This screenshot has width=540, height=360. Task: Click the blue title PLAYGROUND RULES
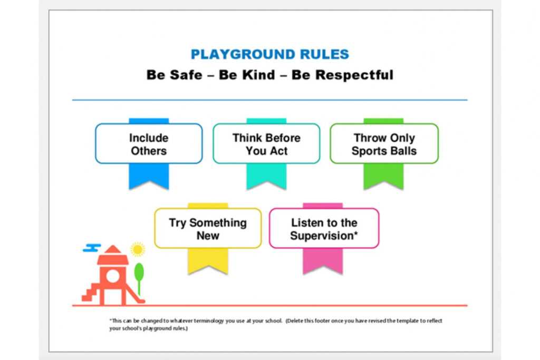pos(269,54)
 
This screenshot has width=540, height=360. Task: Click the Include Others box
pos(149,144)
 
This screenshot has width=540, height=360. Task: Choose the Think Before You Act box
pos(266,144)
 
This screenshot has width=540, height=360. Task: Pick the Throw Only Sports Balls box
pos(384,144)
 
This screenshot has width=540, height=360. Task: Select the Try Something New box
pos(208,229)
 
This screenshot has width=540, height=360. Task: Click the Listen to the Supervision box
pos(324,229)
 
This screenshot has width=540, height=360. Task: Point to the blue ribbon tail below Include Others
pos(149,176)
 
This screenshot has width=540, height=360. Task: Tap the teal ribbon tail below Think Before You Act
pos(266,176)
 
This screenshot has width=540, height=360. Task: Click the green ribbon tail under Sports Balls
pos(383,176)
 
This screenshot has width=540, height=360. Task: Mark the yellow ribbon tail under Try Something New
pos(208,260)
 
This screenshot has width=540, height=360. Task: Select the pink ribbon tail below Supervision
pos(323,260)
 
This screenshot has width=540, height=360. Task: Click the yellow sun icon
pos(138,249)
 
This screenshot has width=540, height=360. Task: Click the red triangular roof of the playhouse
pos(112,249)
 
